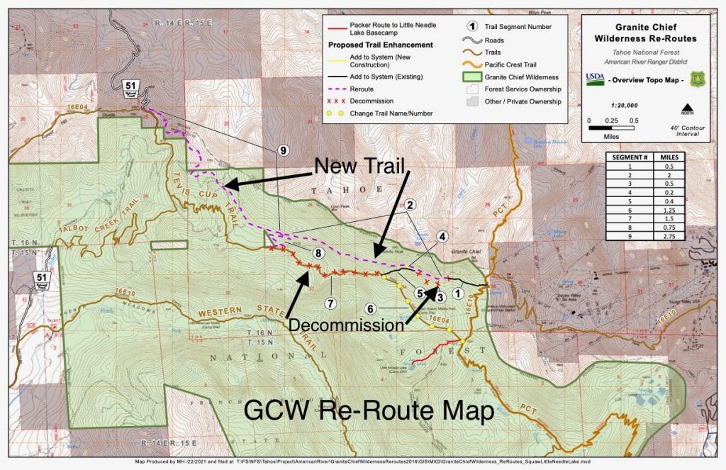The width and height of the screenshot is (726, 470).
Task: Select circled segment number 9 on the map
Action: pyautogui.click(x=283, y=150)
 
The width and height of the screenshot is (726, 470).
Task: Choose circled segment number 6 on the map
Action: pyautogui.click(x=369, y=309)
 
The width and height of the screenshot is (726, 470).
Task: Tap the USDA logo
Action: pyautogui.click(x=596, y=79)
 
